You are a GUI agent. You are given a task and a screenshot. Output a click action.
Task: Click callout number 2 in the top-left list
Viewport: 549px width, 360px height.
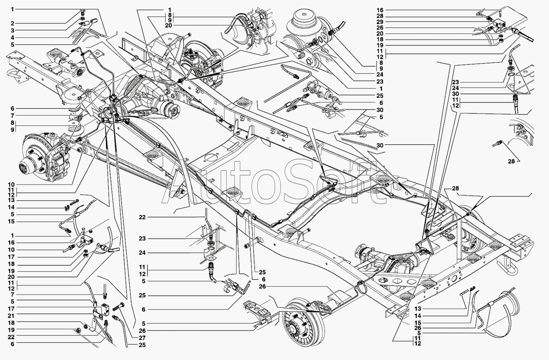coord(12,23)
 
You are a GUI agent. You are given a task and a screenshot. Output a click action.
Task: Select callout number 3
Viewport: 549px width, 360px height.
coord(12,30)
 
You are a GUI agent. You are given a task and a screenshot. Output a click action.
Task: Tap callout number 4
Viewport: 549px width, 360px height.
coord(12,38)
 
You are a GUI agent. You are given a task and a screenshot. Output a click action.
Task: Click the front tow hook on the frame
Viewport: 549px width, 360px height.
coord(16,75)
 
